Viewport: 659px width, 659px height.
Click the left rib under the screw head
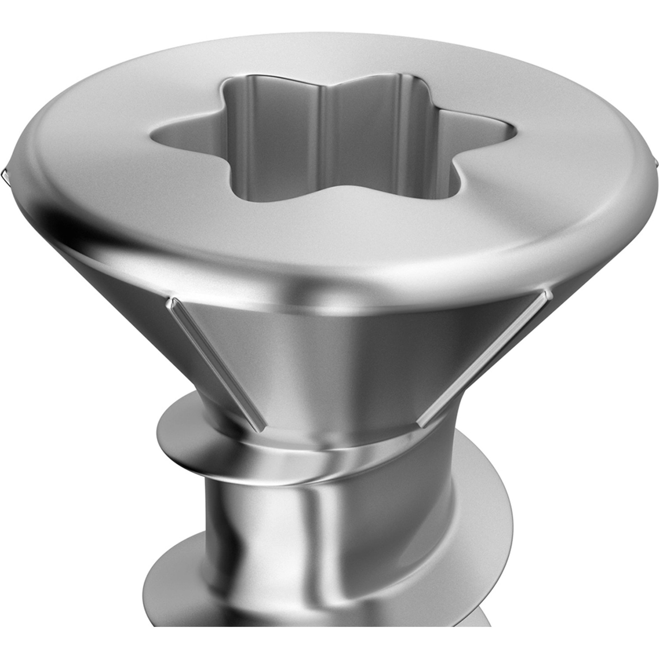coord(217,362)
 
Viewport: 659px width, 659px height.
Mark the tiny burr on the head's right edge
coord(655,163)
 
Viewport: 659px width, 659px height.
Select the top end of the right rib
coord(547,292)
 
